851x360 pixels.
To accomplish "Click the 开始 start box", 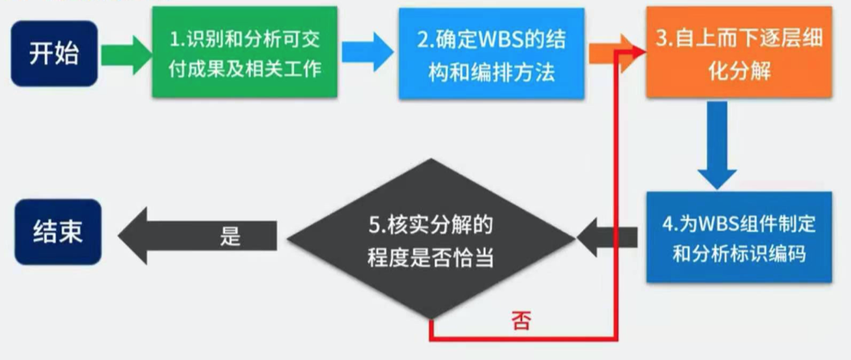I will [x=53, y=53].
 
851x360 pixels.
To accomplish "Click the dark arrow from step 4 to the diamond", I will [x=607, y=237].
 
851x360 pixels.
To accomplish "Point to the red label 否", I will [x=521, y=322].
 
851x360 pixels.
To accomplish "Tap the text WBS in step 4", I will [x=716, y=221].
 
